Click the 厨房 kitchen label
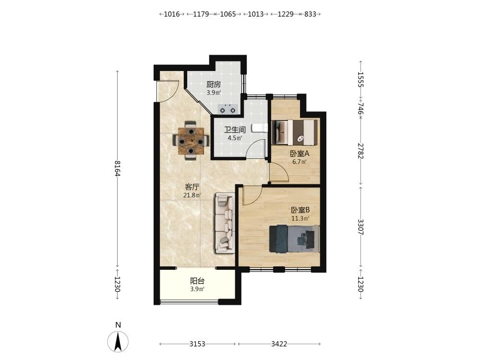tap(214, 84)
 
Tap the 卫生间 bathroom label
tap(235, 130)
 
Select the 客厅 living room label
tap(192, 187)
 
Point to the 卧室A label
tap(300, 154)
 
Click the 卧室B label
tap(300, 210)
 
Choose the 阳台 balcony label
tap(197, 281)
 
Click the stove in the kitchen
tap(228, 109)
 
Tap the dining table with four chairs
tap(191, 141)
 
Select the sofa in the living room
tap(225, 223)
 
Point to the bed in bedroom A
tap(295, 132)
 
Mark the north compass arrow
tap(118, 341)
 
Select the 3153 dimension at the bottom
tap(197, 344)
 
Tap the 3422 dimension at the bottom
tap(279, 344)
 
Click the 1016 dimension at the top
tap(172, 14)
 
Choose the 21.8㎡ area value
tap(192, 195)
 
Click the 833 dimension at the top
tap(310, 14)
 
